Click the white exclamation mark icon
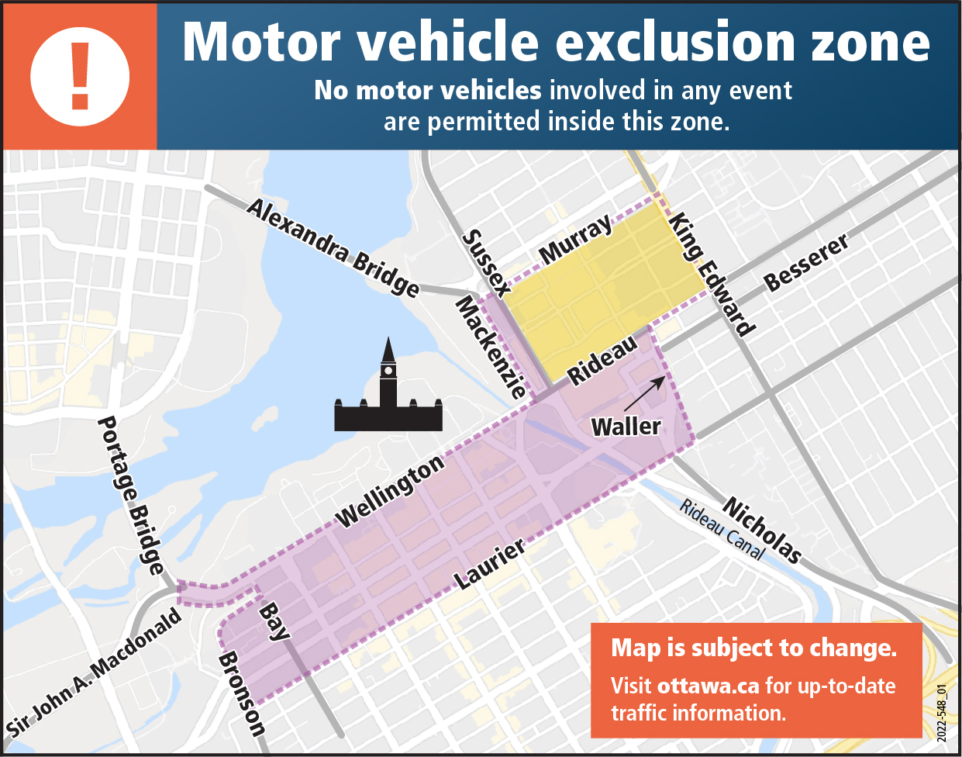(80, 75)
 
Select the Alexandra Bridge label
(333, 247)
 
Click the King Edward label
(712, 274)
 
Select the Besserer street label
(806, 263)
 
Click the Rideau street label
(603, 360)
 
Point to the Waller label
(626, 426)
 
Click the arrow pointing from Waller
(645, 393)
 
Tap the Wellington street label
(390, 491)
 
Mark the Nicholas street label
(761, 530)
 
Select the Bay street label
(273, 621)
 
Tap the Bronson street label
(242, 693)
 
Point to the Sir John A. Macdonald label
(94, 672)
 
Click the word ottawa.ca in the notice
(708, 686)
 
